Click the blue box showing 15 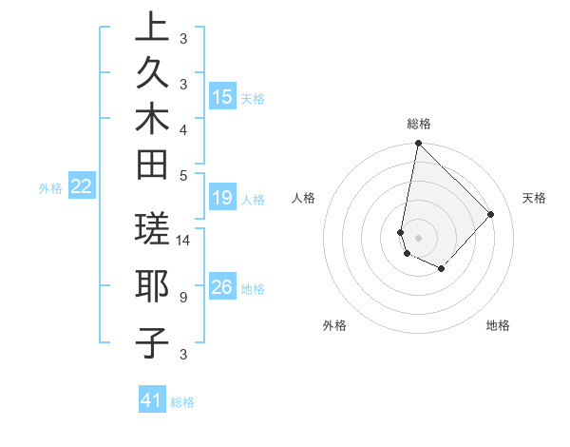[x=222, y=97]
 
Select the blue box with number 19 [x=222, y=198]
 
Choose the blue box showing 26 [x=222, y=287]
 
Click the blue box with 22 [x=82, y=186]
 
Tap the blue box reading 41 [x=152, y=400]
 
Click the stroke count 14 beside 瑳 [x=183, y=241]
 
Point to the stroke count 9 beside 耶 [x=182, y=298]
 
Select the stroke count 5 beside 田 [x=182, y=174]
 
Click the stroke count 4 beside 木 [x=182, y=128]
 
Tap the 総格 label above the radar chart [x=418, y=124]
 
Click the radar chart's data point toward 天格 [x=491, y=214]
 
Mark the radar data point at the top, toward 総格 [x=418, y=144]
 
